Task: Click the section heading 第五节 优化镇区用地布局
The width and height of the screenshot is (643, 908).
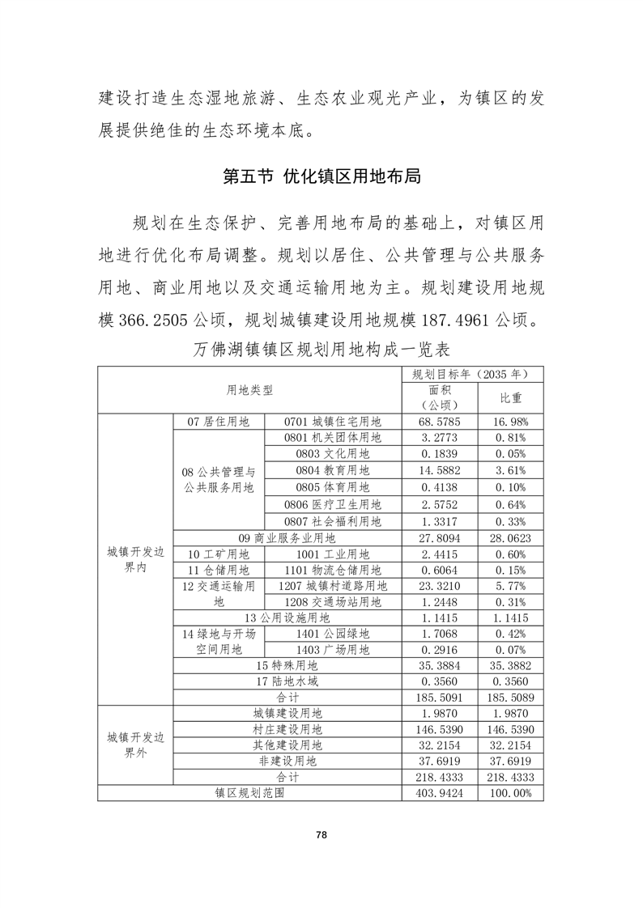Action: point(321,177)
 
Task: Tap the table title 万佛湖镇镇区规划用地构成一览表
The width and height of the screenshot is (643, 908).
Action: point(321,351)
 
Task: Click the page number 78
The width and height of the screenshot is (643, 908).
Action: point(321,834)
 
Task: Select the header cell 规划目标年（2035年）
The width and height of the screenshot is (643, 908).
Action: point(472,374)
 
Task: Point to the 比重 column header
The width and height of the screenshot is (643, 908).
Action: point(510,398)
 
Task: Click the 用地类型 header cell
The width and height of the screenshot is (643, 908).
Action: point(249,390)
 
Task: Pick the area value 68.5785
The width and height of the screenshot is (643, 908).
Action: point(440,422)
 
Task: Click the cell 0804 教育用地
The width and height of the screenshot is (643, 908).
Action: point(332,470)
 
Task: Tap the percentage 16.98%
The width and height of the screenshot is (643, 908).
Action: point(510,422)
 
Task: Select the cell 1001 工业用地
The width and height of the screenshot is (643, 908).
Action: point(332,554)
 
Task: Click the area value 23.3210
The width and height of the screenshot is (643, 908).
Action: point(440,586)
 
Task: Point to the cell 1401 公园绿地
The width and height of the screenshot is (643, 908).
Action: point(332,634)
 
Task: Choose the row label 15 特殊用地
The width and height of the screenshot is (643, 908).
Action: point(287,665)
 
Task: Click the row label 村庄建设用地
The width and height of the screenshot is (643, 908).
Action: point(287,729)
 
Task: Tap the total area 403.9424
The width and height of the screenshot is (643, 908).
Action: point(440,793)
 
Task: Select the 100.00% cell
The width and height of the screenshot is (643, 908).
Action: point(510,793)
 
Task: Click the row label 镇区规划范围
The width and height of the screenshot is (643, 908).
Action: point(249,793)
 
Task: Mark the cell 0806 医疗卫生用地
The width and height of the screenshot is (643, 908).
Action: point(332,506)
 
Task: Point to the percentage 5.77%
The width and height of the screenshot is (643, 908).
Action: point(510,586)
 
